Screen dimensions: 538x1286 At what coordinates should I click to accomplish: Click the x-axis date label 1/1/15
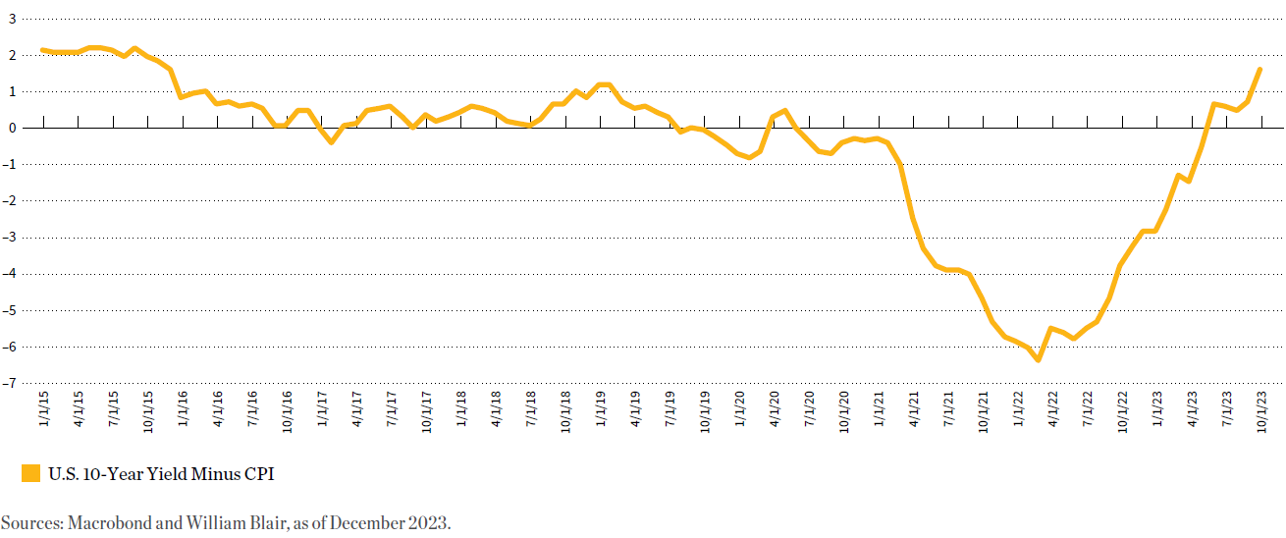coord(44,412)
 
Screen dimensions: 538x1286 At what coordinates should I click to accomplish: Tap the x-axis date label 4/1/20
coord(774,412)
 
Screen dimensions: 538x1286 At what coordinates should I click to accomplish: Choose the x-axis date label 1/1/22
coord(1018,412)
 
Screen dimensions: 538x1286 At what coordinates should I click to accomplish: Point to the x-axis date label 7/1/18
coord(531,412)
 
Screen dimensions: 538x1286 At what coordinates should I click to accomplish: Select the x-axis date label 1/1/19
coord(601,412)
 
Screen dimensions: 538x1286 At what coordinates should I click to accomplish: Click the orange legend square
coord(30,474)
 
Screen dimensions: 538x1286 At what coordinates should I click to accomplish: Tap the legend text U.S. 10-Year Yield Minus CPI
coord(161,474)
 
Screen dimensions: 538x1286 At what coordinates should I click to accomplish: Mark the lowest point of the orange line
coord(1038,360)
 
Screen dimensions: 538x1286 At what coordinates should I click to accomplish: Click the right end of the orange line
coord(1259,69)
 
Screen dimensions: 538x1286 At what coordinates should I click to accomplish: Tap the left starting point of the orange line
coord(42,49)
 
